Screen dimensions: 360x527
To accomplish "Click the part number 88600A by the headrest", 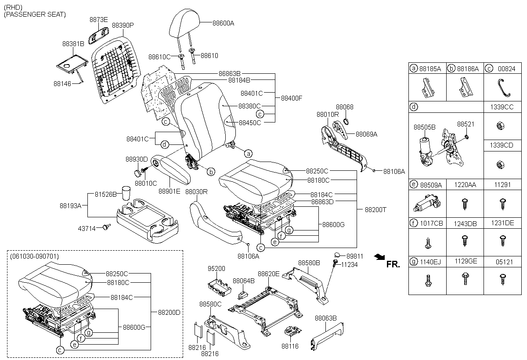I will pos(223,23).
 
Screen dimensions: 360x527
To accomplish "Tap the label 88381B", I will pos(73,44).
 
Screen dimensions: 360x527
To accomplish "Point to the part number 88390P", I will pos(123,26).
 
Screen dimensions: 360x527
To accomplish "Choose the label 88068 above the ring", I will pos(345,107).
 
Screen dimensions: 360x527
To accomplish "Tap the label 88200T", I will pos(375,210).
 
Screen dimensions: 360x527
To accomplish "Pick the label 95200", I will pos(216,268).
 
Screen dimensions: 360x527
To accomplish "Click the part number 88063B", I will pos(325,318).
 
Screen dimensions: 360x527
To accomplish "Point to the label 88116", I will pos(290,346).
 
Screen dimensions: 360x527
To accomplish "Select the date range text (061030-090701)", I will pos(35,256).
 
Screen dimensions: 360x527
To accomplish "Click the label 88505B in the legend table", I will pos(424,127).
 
